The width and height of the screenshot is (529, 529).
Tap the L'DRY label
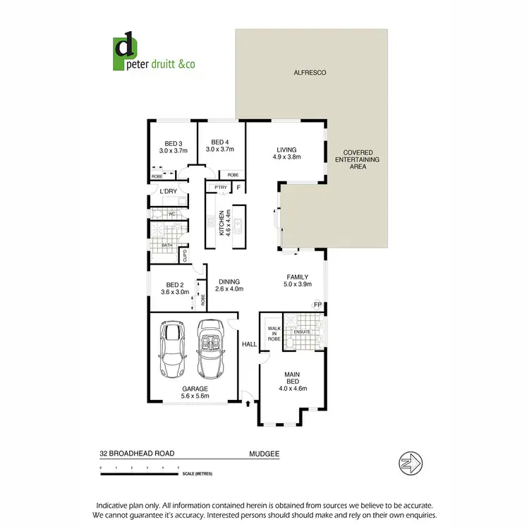coord(168,192)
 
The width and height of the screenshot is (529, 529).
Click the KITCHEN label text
coord(223,223)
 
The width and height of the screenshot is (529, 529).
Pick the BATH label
coord(167,245)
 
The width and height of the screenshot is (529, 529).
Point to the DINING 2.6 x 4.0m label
coord(229,284)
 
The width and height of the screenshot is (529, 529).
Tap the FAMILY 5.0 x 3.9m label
coord(297,280)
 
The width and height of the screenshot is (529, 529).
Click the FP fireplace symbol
coord(317,305)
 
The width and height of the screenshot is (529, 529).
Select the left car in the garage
coord(172,351)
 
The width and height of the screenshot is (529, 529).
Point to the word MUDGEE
coord(263,455)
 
